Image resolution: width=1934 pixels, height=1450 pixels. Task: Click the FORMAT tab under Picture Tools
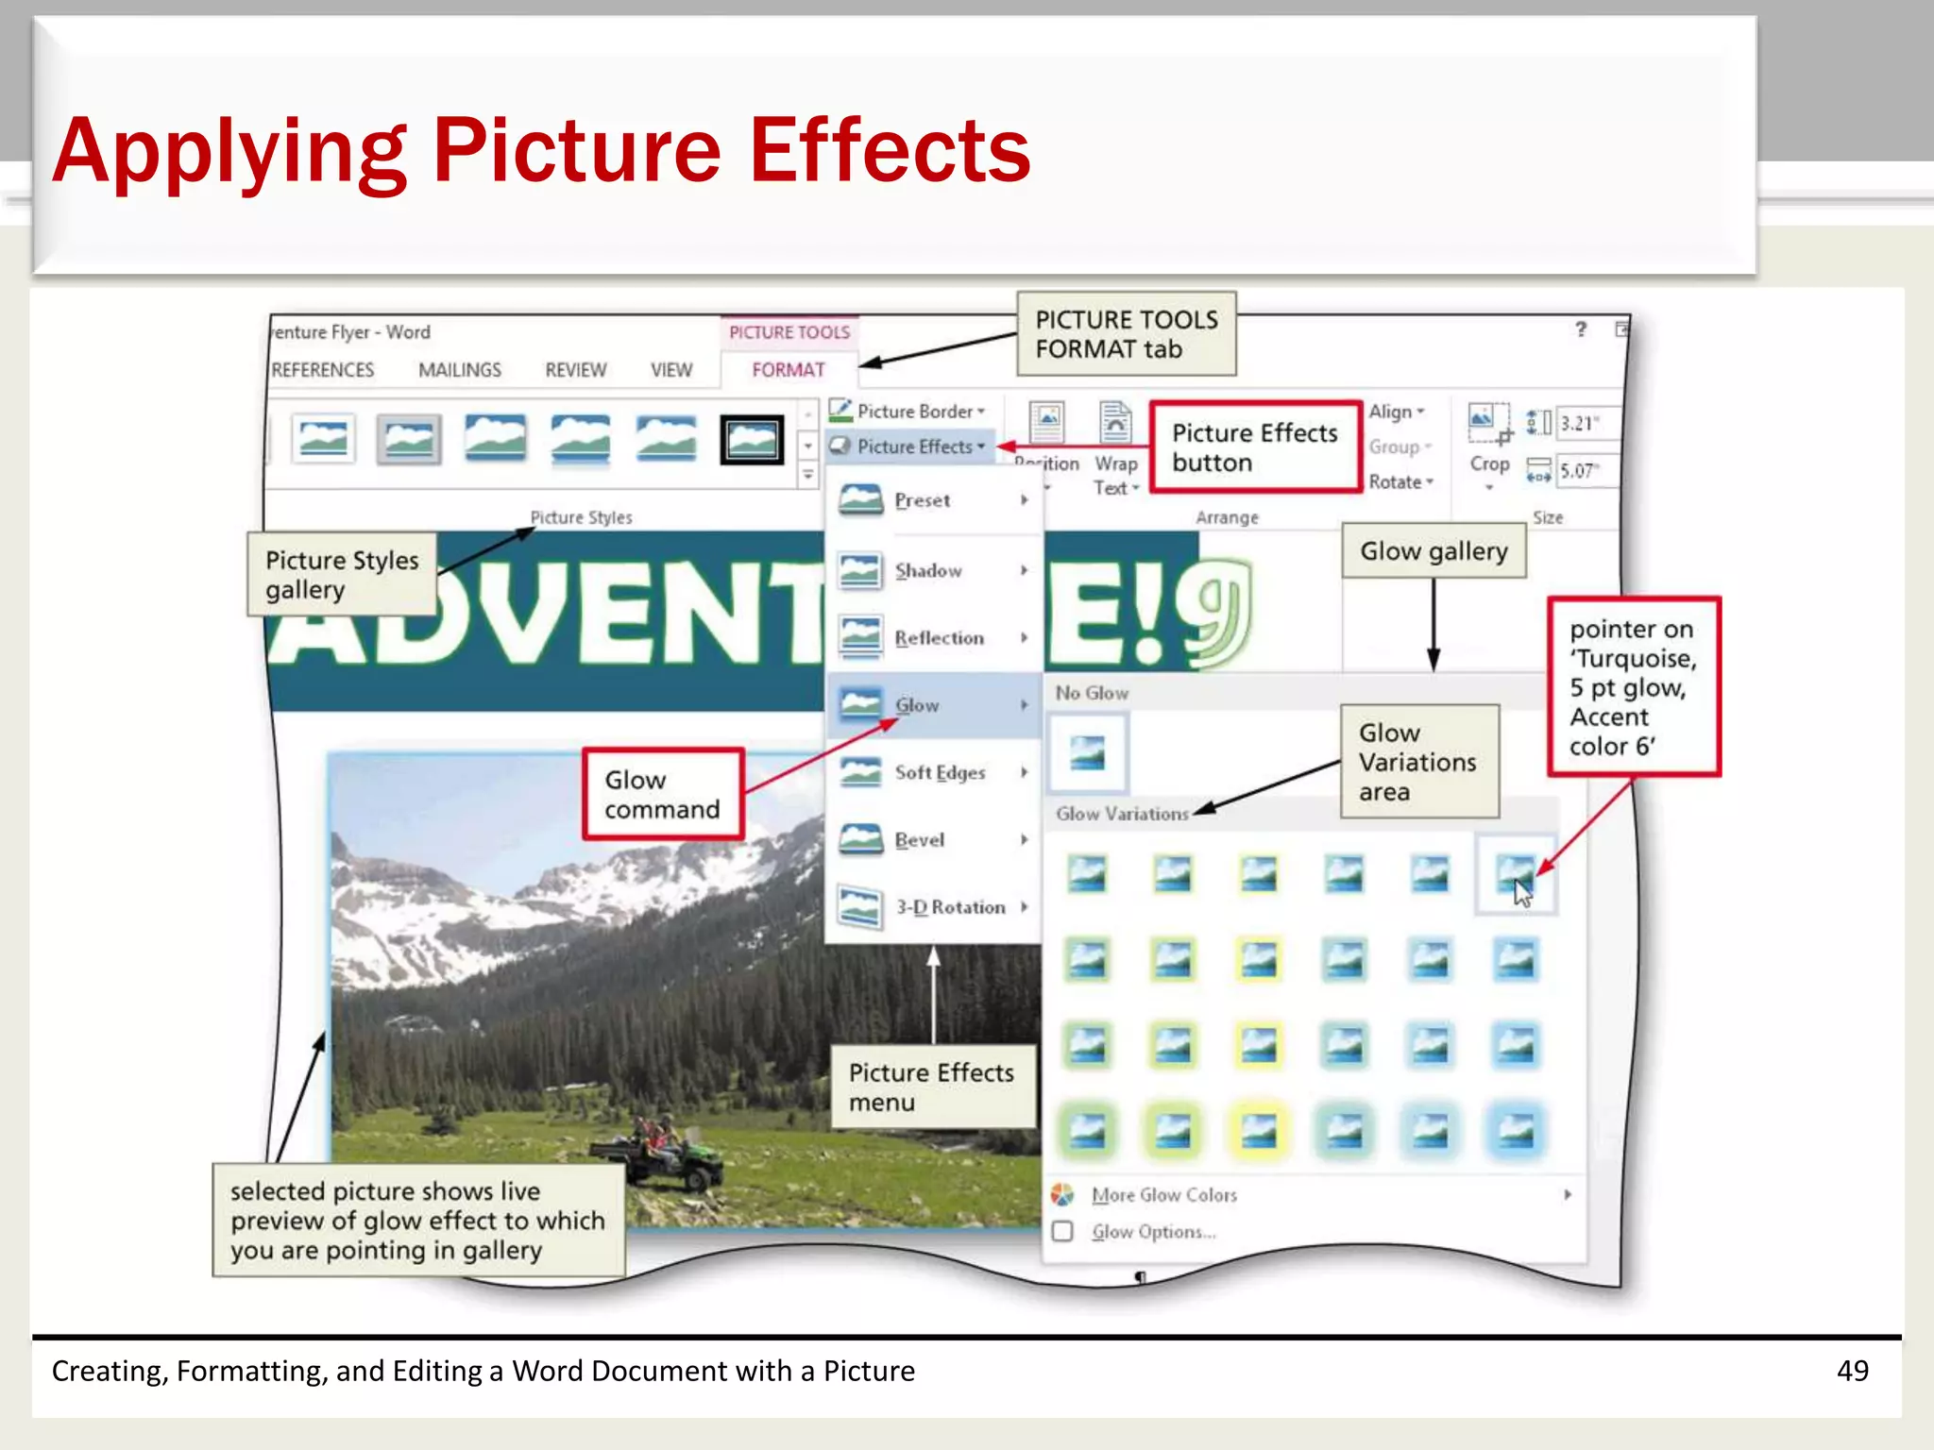pyautogui.click(x=788, y=370)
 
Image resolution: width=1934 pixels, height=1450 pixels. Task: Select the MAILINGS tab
pyautogui.click(x=460, y=370)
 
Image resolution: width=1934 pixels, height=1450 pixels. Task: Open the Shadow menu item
pyautogui.click(x=929, y=570)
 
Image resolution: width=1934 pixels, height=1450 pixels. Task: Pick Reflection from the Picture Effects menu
pyautogui.click(x=939, y=638)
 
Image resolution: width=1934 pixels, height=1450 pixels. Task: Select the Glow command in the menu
pyautogui.click(x=917, y=705)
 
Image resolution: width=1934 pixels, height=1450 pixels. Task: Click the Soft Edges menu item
pyautogui.click(x=940, y=772)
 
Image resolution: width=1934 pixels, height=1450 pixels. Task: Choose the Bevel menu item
pyautogui.click(x=919, y=839)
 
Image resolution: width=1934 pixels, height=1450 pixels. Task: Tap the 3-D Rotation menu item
pyautogui.click(x=949, y=907)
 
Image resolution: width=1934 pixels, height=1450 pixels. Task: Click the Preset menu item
pyautogui.click(x=923, y=500)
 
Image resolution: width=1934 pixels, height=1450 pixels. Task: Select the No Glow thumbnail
pyautogui.click(x=1088, y=753)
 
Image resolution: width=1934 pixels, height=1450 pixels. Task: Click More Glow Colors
pyautogui.click(x=1163, y=1195)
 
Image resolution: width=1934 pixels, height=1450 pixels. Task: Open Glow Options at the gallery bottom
pyautogui.click(x=1153, y=1232)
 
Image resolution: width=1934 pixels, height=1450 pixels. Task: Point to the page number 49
pyautogui.click(x=1852, y=1371)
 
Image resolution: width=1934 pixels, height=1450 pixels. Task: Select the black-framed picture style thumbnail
pyautogui.click(x=752, y=440)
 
